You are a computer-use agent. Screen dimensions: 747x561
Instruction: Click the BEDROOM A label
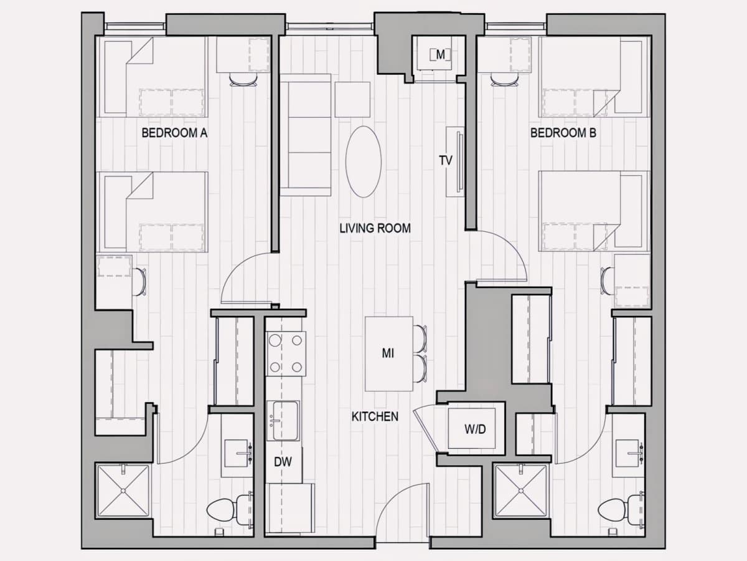click(174, 133)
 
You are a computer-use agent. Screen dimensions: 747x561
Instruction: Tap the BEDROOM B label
click(563, 133)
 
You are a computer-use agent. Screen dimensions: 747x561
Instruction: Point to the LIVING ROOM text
click(375, 228)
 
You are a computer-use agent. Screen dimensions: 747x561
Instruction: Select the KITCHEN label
click(375, 416)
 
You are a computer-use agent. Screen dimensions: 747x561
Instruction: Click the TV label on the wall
click(446, 160)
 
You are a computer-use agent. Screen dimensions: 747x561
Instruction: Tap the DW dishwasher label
click(283, 462)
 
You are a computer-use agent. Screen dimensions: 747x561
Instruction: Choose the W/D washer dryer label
click(475, 429)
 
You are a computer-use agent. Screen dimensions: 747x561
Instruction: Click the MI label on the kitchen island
click(388, 353)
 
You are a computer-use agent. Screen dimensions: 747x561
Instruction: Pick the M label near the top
click(440, 54)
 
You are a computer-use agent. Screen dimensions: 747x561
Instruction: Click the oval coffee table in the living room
click(364, 161)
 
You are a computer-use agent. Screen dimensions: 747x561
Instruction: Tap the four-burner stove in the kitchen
click(286, 353)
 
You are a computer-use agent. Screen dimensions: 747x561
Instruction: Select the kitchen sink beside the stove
click(283, 421)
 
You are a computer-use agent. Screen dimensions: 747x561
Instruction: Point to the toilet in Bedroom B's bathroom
click(621, 512)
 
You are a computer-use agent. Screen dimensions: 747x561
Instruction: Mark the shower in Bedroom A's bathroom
click(123, 491)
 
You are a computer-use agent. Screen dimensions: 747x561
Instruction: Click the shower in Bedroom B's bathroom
click(520, 491)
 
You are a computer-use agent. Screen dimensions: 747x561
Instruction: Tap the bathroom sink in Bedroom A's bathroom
click(238, 454)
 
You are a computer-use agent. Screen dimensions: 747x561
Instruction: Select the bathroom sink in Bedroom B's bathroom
click(629, 454)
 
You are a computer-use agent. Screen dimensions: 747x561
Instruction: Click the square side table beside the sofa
click(352, 100)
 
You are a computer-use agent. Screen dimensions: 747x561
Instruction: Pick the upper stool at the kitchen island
click(420, 338)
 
